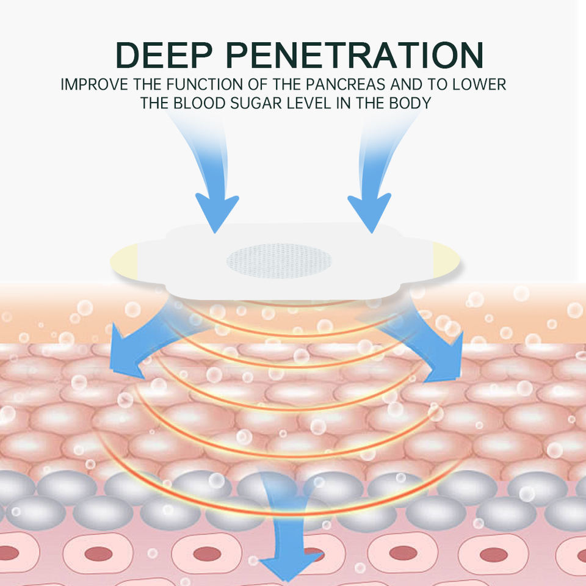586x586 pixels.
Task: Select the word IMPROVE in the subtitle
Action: pos(90,84)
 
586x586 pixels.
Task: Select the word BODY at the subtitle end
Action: pos(413,103)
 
